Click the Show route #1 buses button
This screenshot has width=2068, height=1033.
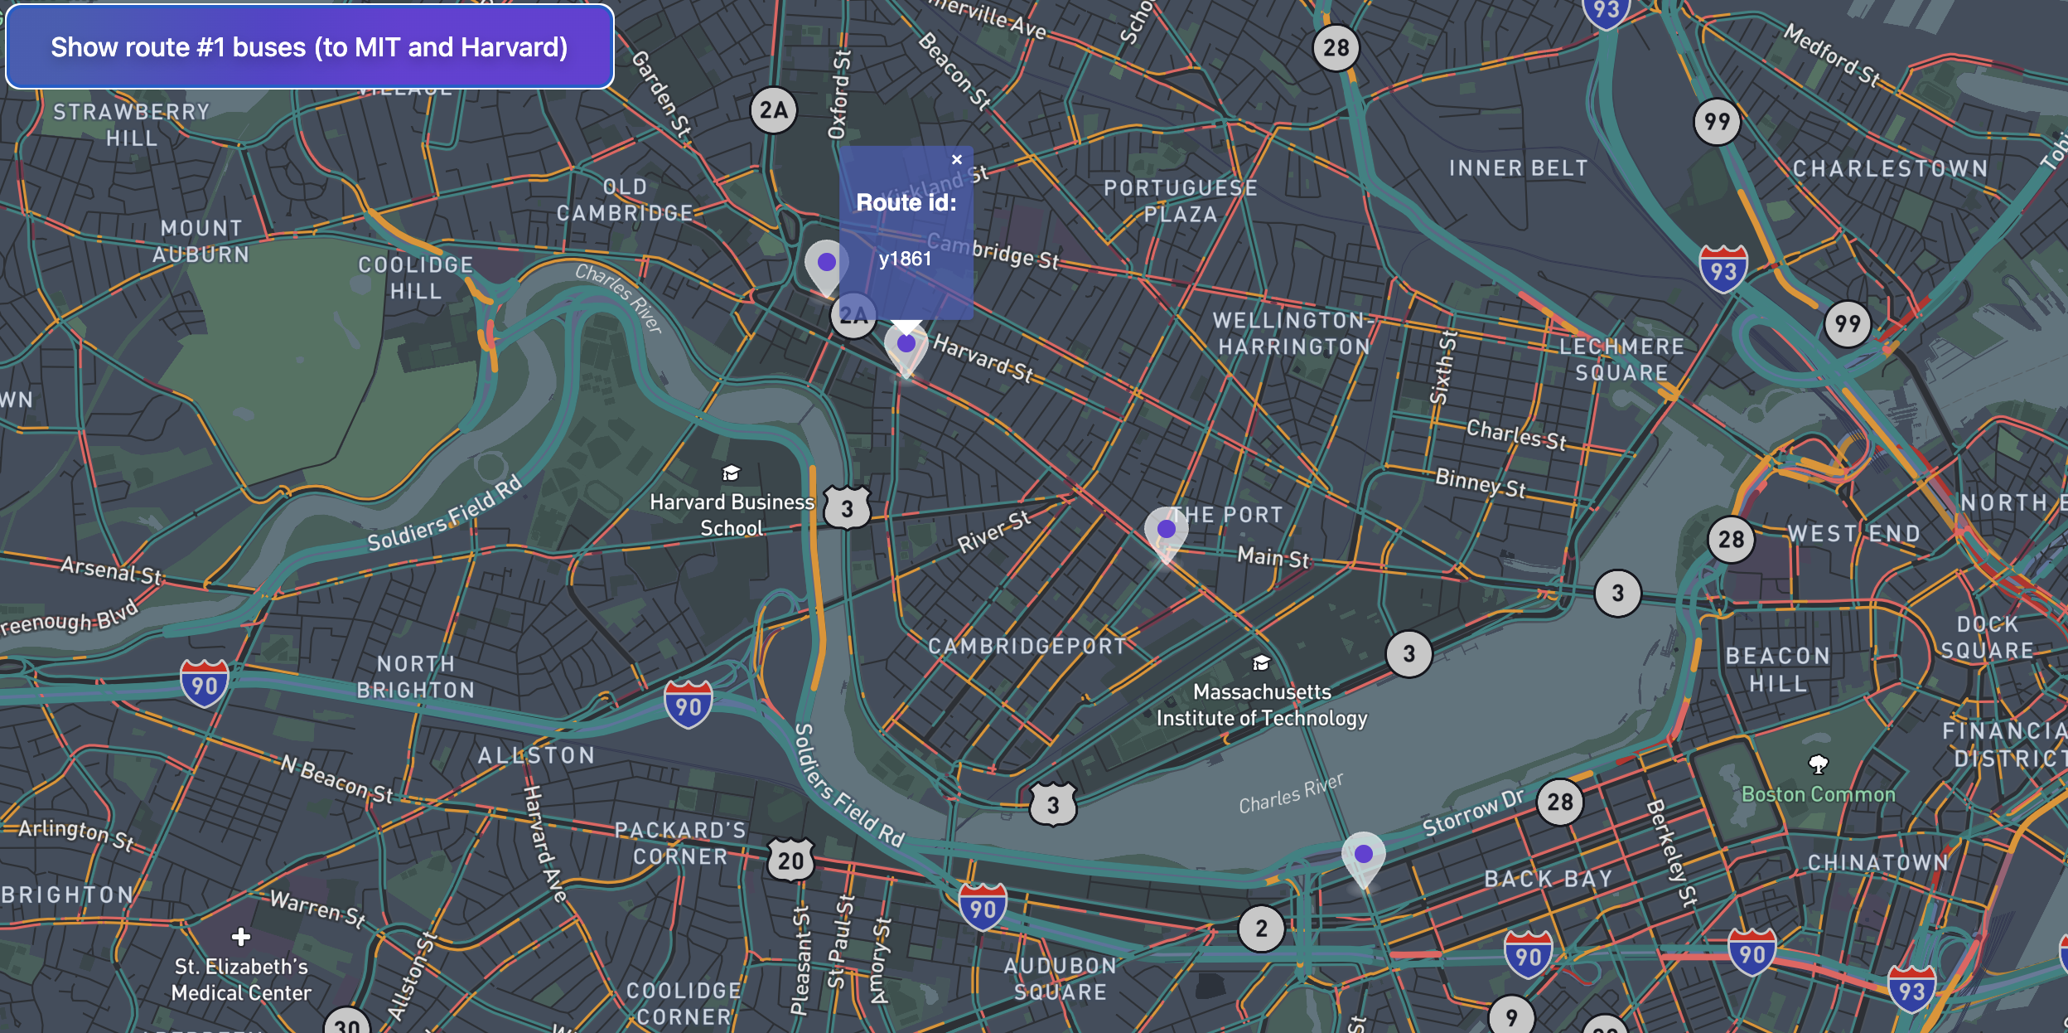(x=309, y=47)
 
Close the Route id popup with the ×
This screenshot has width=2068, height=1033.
(x=957, y=159)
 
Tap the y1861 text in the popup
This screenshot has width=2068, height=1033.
(x=905, y=259)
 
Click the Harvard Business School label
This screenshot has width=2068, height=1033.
(x=732, y=514)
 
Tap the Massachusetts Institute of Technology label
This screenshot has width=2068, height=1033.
(x=1261, y=705)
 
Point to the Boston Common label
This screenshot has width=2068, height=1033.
(x=1818, y=794)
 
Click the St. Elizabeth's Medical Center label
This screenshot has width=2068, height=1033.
(x=241, y=979)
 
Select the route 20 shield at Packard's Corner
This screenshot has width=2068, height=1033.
(x=790, y=861)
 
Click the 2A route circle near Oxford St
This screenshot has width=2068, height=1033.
(x=773, y=109)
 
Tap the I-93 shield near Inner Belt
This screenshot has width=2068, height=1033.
(x=1723, y=269)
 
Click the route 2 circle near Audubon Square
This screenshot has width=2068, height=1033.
(x=1261, y=928)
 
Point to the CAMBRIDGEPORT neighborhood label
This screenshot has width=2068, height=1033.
(x=1027, y=646)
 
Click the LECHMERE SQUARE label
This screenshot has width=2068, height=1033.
(x=1621, y=359)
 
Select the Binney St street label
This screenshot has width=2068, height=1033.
(x=1480, y=482)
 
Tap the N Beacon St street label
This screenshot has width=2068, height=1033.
(x=336, y=778)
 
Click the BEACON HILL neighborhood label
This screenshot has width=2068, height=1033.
(x=1778, y=669)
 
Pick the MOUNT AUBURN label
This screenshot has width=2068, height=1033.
(x=201, y=240)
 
